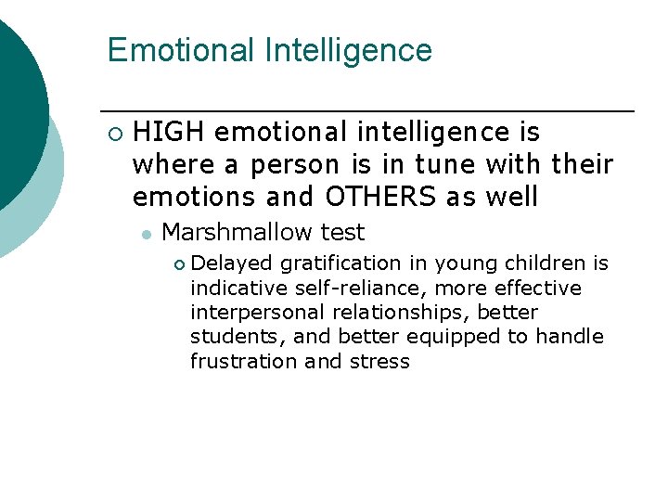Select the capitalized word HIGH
click(169, 134)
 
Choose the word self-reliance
click(360, 289)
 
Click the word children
click(542, 264)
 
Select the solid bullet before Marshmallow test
click(146, 234)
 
